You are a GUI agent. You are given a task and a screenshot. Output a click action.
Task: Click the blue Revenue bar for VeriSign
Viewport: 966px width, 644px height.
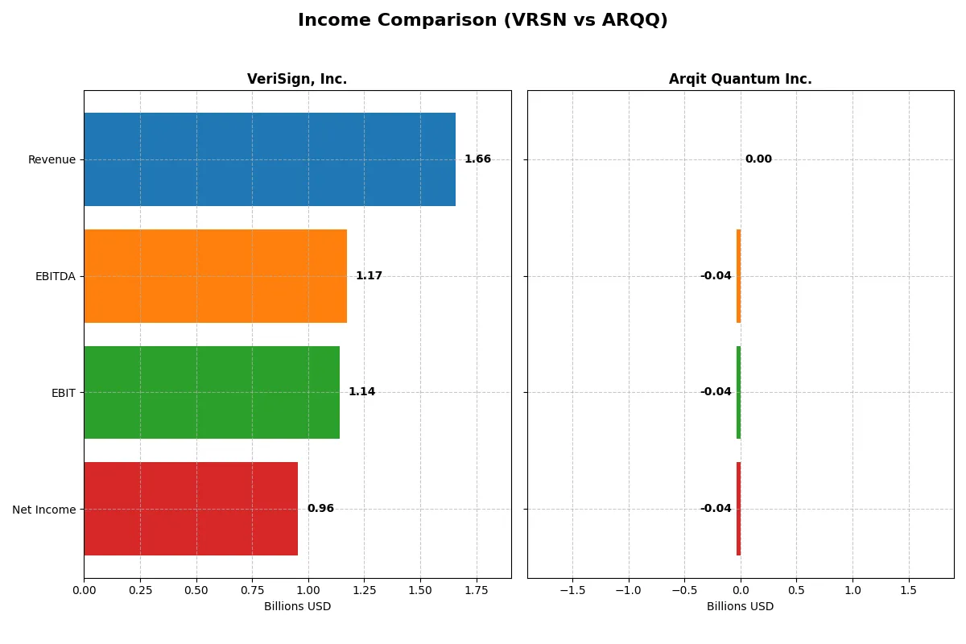(x=270, y=159)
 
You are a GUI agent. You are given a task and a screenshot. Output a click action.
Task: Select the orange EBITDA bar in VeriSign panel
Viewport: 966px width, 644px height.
(x=215, y=276)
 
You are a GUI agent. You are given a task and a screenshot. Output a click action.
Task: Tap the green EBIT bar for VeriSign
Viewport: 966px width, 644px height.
(x=212, y=392)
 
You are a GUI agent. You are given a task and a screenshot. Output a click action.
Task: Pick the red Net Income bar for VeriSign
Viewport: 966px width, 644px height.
(x=191, y=509)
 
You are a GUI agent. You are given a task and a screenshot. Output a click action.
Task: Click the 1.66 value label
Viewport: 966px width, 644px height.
(x=477, y=159)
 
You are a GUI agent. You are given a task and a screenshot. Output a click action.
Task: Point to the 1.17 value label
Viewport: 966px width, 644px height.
(x=369, y=276)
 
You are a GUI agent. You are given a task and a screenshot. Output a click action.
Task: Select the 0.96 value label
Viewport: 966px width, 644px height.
(x=320, y=509)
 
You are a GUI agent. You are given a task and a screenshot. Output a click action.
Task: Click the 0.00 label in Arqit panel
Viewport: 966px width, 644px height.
(x=758, y=159)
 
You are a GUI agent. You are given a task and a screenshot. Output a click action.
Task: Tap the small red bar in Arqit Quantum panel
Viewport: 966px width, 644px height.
(x=738, y=509)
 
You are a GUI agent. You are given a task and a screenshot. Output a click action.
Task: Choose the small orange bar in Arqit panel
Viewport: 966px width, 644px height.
(x=738, y=276)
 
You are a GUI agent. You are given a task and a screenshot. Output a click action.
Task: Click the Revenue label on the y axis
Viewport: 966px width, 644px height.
(x=52, y=159)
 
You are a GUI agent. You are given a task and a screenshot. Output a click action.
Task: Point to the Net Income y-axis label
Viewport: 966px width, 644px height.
(x=44, y=510)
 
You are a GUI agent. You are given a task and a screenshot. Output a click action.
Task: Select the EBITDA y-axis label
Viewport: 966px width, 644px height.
(x=56, y=276)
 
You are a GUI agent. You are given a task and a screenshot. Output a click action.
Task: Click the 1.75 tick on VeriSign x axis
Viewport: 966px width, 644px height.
(x=477, y=590)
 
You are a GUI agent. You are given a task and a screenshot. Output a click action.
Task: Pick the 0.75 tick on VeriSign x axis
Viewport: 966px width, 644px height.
(x=252, y=590)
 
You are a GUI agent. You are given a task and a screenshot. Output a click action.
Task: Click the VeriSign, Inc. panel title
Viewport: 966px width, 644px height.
(x=297, y=79)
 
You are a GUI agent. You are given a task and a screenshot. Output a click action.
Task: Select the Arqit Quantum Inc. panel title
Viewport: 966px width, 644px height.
(x=740, y=79)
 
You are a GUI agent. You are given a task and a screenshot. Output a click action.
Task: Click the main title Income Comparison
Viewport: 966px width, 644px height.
(x=482, y=20)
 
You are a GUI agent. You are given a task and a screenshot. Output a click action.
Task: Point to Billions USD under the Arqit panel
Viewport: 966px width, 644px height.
(x=740, y=607)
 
